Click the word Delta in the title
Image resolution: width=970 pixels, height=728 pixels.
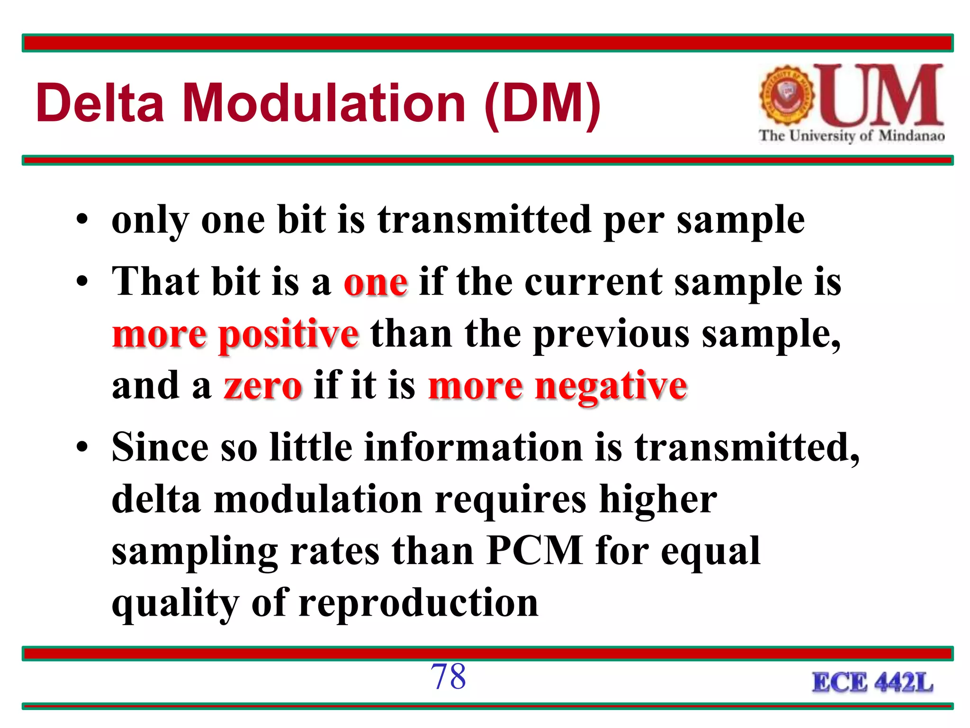(100, 103)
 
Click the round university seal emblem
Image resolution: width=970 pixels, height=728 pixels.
(787, 95)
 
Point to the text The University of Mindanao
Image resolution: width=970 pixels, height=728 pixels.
(852, 136)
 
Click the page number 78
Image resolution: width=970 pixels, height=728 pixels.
(448, 676)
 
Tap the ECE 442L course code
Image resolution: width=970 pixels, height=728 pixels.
(872, 683)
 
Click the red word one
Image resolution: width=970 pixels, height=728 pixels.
(375, 282)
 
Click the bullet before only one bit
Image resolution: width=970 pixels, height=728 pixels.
(82, 221)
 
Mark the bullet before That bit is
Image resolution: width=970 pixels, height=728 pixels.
(82, 282)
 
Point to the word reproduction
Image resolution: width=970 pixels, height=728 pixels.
(419, 604)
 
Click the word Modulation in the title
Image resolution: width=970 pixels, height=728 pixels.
(324, 103)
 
